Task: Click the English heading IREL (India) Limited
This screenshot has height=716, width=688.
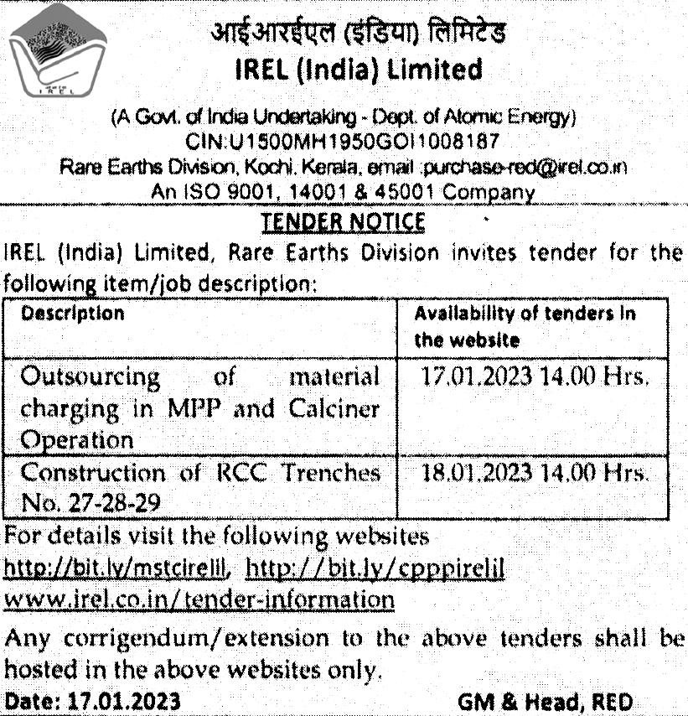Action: pyautogui.click(x=359, y=69)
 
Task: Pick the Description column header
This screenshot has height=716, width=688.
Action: pyautogui.click(x=72, y=314)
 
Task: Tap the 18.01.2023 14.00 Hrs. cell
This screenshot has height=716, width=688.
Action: pyautogui.click(x=533, y=473)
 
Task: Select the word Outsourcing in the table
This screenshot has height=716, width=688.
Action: pyautogui.click(x=91, y=377)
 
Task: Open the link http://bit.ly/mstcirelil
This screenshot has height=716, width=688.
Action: pyautogui.click(x=117, y=568)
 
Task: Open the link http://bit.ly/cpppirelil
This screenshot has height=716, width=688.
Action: pyautogui.click(x=377, y=568)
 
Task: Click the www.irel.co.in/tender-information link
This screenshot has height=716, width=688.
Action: pyautogui.click(x=199, y=599)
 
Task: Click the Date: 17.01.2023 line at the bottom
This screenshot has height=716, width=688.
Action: pyautogui.click(x=92, y=700)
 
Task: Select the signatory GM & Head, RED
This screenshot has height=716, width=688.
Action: pyautogui.click(x=546, y=700)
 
